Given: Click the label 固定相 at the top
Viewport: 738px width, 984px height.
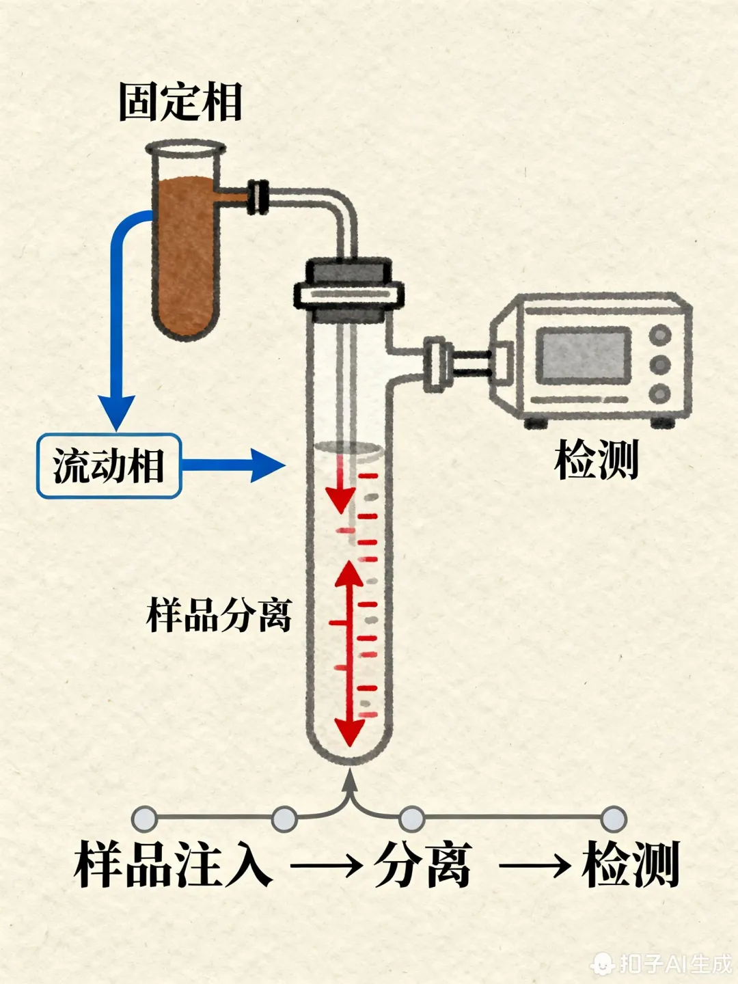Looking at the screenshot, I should [180, 102].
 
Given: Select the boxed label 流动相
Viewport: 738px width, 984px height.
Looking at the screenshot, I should [109, 466].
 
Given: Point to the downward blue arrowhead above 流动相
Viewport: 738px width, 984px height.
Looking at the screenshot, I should [117, 410].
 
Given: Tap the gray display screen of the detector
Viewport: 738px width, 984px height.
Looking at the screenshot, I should [584, 355].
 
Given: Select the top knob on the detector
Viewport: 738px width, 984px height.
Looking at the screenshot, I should [660, 335].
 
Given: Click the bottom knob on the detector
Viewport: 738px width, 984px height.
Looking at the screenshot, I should [660, 394].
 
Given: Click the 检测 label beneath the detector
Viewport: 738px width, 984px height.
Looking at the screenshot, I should [596, 460].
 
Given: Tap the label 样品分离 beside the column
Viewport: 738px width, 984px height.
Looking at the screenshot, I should [219, 615].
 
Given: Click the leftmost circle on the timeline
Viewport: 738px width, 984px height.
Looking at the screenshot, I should [145, 818].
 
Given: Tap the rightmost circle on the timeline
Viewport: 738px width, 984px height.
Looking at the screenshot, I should [614, 818].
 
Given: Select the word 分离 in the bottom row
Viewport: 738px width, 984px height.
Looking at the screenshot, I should [423, 865].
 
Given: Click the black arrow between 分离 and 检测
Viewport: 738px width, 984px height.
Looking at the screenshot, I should [535, 866].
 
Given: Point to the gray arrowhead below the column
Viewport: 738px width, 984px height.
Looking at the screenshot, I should [350, 781].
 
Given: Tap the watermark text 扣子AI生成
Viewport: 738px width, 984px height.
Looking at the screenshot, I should [673, 963].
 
